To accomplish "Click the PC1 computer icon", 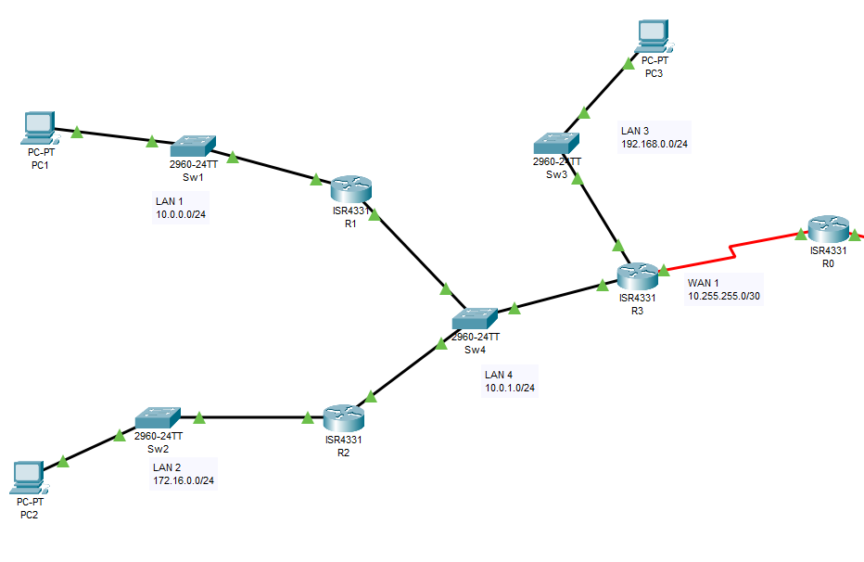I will point(38,128).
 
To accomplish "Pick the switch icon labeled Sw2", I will point(158,418).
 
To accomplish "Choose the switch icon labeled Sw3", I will point(557,143).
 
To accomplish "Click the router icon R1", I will point(350,189).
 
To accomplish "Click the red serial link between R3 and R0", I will point(732,251).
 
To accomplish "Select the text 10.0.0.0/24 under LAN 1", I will point(182,214).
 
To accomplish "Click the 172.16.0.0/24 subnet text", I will point(184,480).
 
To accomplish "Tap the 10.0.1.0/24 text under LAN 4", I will point(510,389).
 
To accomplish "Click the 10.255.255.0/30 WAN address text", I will point(724,296).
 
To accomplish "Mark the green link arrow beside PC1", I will point(78,133).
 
